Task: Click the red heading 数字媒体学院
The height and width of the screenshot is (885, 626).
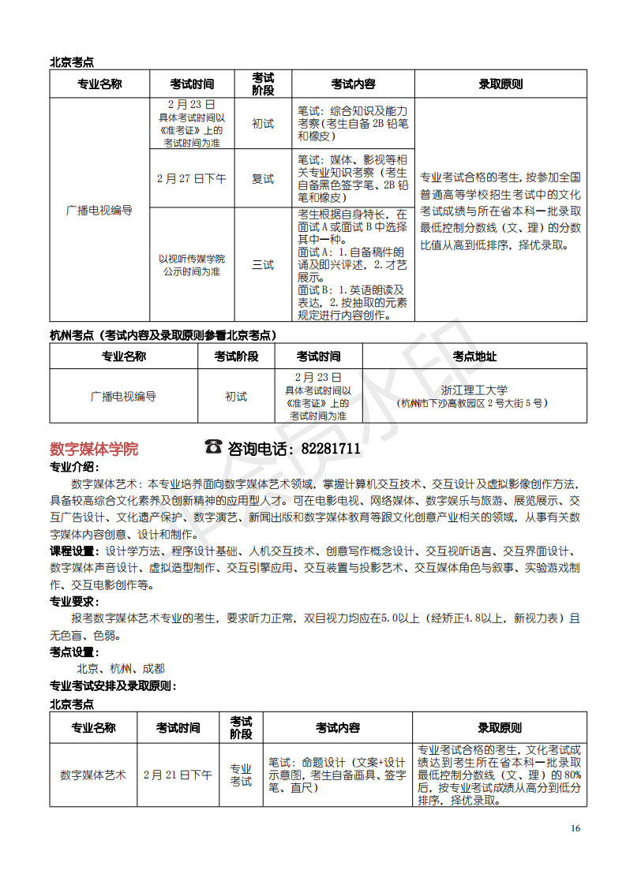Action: (x=94, y=449)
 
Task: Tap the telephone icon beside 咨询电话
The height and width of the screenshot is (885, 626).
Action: (x=213, y=446)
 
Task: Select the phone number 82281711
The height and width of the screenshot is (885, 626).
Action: (x=331, y=449)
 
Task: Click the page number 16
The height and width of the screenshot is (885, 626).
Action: (x=575, y=827)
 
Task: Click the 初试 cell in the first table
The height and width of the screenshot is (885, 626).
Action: (x=263, y=124)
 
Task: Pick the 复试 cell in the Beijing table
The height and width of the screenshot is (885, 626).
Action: (x=263, y=179)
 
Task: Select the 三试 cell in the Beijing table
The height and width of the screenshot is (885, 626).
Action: (x=263, y=265)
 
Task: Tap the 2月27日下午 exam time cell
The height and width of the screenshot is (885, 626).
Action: (x=192, y=179)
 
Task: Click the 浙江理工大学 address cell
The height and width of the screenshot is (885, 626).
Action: (x=474, y=396)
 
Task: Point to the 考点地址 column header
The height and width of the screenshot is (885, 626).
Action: (x=474, y=357)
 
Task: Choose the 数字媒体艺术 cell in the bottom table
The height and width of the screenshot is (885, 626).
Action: (x=93, y=775)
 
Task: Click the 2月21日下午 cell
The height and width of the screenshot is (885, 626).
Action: (x=178, y=775)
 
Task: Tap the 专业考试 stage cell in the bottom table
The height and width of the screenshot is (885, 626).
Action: (x=241, y=775)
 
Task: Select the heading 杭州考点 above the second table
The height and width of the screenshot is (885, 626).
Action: (x=72, y=335)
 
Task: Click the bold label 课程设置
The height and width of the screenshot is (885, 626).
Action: (x=74, y=551)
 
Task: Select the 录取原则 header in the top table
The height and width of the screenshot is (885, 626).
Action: (x=500, y=84)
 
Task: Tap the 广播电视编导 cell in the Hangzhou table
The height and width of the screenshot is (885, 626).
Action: (x=123, y=396)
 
